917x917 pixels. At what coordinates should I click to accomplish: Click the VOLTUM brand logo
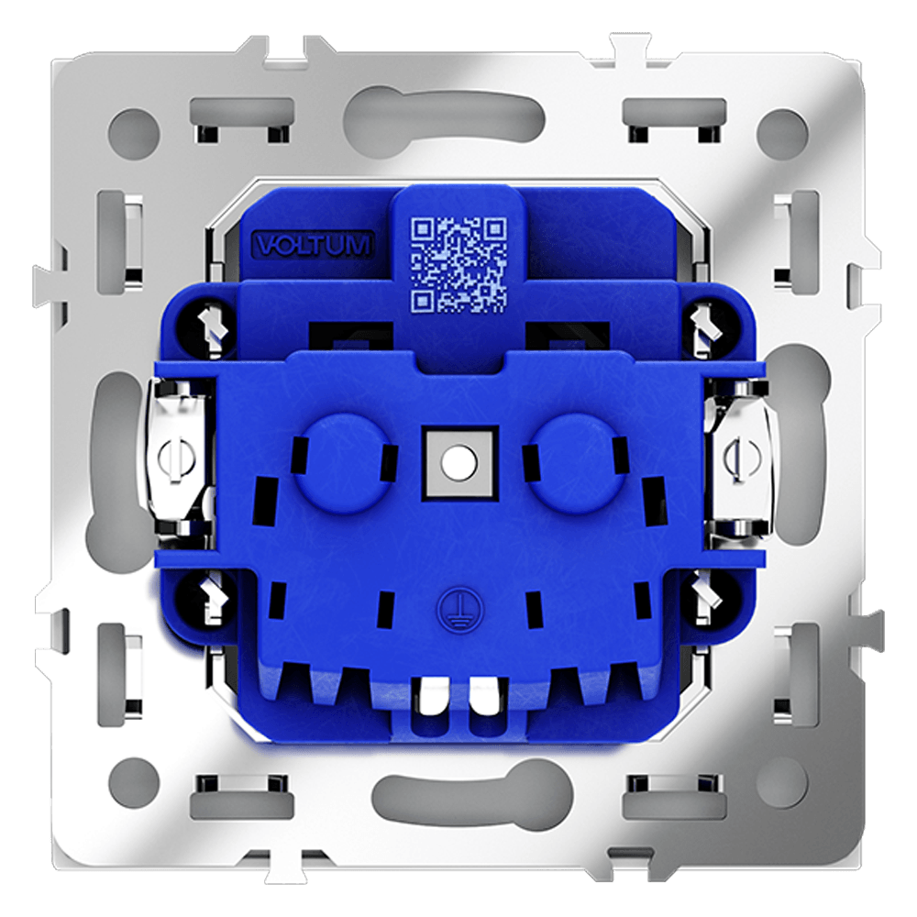pyautogui.click(x=313, y=245)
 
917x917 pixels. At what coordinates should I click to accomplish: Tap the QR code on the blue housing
pyautogui.click(x=458, y=264)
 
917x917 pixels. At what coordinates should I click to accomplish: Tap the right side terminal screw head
pyautogui.click(x=742, y=458)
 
